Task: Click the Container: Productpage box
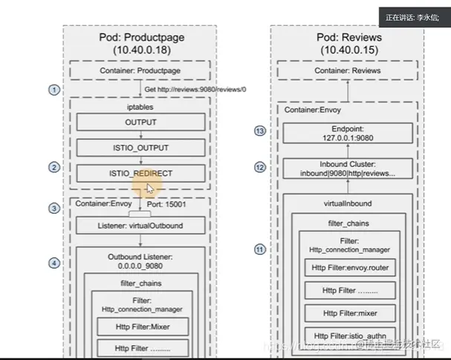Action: (141, 71)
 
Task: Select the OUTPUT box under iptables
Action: (140, 122)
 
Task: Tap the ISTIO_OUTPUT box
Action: (140, 148)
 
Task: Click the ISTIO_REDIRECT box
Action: (140, 173)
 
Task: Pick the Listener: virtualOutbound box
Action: (140, 225)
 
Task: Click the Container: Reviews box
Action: (347, 71)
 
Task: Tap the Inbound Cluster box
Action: (347, 167)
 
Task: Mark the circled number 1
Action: (53, 90)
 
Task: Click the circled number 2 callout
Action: (53, 168)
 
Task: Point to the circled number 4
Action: (53, 263)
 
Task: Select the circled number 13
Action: (259, 131)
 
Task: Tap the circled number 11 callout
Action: (259, 249)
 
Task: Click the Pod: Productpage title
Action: (142, 37)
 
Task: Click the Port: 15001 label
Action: (180, 204)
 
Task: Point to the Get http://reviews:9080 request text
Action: (195, 89)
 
